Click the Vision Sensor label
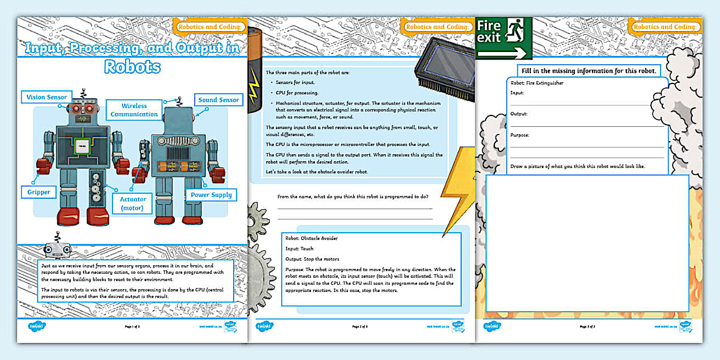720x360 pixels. [x=47, y=97]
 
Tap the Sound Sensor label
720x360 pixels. [x=218, y=100]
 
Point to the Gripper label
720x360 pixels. [x=38, y=192]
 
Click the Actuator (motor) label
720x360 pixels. [x=133, y=203]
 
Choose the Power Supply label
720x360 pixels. [x=211, y=195]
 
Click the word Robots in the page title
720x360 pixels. [x=132, y=67]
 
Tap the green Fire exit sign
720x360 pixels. [x=503, y=38]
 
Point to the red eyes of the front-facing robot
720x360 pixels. [x=83, y=109]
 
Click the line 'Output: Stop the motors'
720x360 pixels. [x=312, y=259]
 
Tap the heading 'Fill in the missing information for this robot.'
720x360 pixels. [x=589, y=71]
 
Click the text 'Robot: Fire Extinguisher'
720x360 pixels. [x=537, y=83]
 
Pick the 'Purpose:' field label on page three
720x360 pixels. [x=520, y=135]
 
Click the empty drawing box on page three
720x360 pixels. [x=587, y=243]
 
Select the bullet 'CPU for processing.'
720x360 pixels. [x=297, y=93]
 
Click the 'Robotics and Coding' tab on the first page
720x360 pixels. [x=211, y=27]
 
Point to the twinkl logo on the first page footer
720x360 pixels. [x=36, y=327]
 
